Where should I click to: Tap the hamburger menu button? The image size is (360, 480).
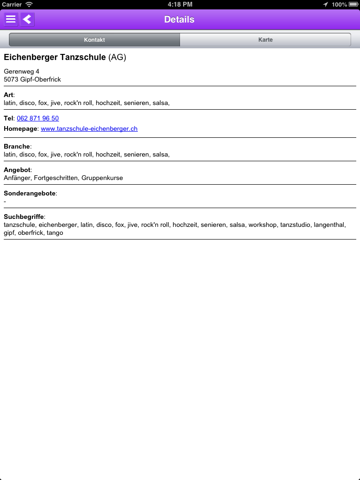(x=11, y=20)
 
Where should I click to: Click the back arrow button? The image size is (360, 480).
(x=27, y=20)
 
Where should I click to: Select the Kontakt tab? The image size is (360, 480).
(x=94, y=40)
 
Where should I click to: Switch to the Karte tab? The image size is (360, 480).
(x=265, y=40)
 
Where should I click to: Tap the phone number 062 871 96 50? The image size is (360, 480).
(x=38, y=118)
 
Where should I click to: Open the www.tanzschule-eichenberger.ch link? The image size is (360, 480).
(x=89, y=128)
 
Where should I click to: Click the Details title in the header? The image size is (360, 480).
(x=179, y=20)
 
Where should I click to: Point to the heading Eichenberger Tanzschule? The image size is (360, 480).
(x=55, y=57)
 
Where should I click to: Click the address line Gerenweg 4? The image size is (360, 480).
(x=22, y=71)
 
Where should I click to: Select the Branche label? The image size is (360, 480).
(x=16, y=146)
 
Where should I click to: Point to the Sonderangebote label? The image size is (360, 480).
(x=30, y=193)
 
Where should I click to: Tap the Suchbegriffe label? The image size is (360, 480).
(x=23, y=217)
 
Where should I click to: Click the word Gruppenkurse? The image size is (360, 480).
(x=102, y=178)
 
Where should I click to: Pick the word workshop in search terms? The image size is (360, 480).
(x=262, y=225)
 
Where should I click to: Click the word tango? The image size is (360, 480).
(x=55, y=232)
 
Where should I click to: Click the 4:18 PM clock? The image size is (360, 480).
(x=180, y=4)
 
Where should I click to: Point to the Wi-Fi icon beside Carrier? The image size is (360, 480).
(x=29, y=4)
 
